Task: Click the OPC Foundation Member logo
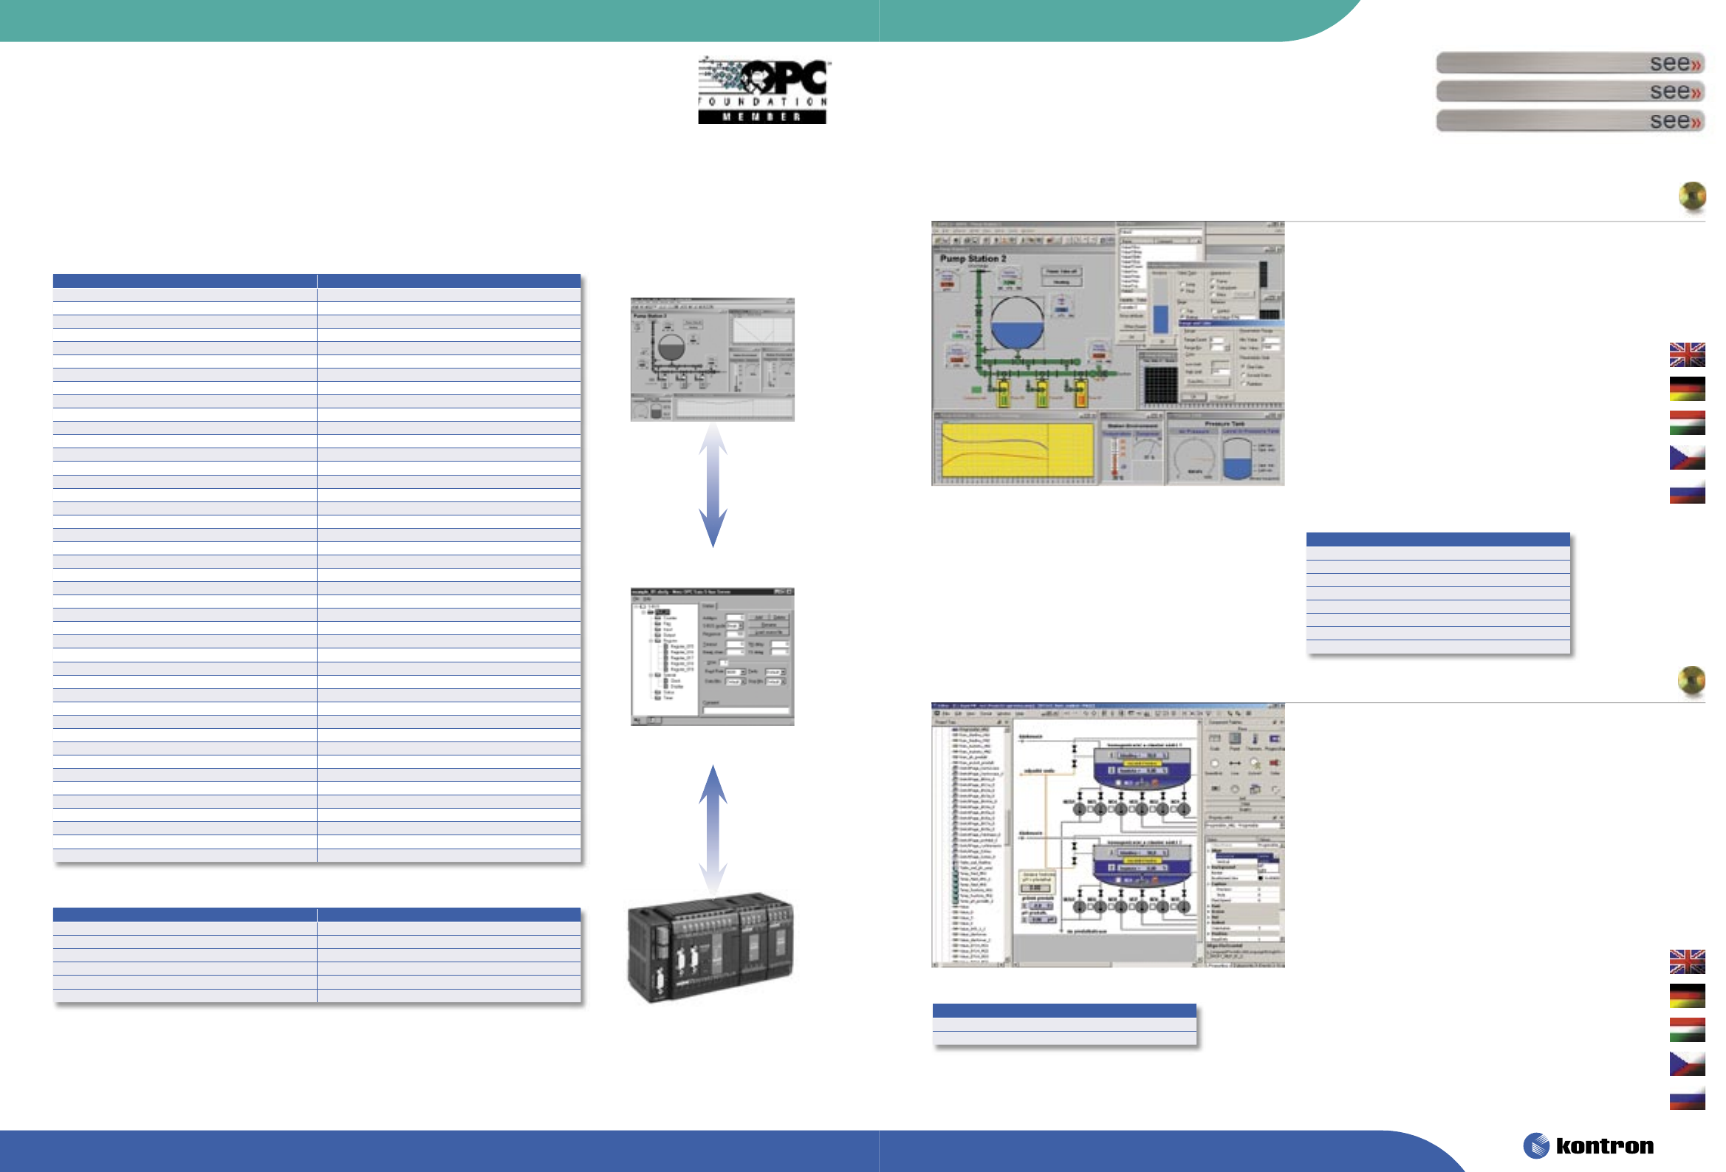click(762, 91)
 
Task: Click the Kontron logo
click(1589, 1145)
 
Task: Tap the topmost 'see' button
click(1569, 63)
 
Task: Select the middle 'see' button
click(1569, 92)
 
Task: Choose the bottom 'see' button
click(1569, 120)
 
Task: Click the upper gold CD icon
click(1692, 197)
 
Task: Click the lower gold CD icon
click(1691, 680)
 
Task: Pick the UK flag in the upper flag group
click(1687, 354)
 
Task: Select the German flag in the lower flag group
click(1687, 996)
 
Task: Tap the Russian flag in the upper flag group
click(1687, 492)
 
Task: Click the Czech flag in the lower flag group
click(1687, 1063)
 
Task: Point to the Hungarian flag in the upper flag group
click(1687, 422)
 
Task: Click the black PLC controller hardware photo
click(710, 946)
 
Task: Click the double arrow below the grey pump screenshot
click(713, 484)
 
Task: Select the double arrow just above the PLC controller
click(713, 828)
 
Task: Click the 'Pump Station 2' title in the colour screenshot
click(973, 258)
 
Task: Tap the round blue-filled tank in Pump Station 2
click(1017, 323)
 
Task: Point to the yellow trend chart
click(1017, 450)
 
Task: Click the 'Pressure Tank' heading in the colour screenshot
click(1225, 423)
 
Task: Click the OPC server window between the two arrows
click(712, 657)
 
